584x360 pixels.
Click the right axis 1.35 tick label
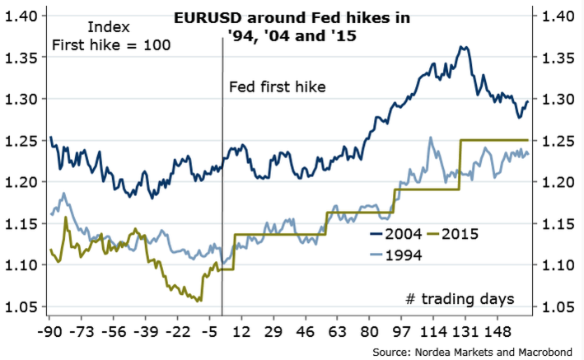pyautogui.click(x=559, y=58)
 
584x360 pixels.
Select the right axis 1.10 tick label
pyautogui.click(x=559, y=265)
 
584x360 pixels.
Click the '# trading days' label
pyautogui.click(x=460, y=297)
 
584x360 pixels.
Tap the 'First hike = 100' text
pyautogui.click(x=111, y=45)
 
